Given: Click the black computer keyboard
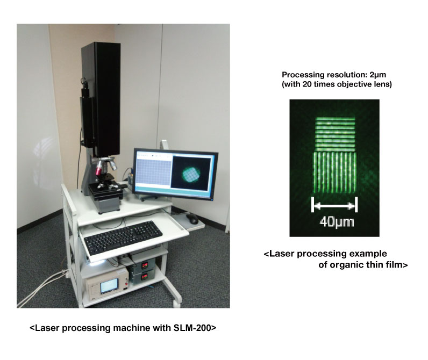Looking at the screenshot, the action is [x=123, y=237].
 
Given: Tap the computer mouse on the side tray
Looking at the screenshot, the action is [x=192, y=219].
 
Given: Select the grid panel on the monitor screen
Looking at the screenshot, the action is [x=154, y=172].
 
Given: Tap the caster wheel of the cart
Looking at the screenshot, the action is [x=177, y=303].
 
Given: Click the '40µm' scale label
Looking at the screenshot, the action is [x=337, y=222].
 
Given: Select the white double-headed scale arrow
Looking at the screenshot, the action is [x=334, y=205].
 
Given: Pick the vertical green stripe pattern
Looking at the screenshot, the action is [x=334, y=172].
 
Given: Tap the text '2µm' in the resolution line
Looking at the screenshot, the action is [x=378, y=75].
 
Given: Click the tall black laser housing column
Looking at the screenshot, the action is [x=101, y=98].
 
